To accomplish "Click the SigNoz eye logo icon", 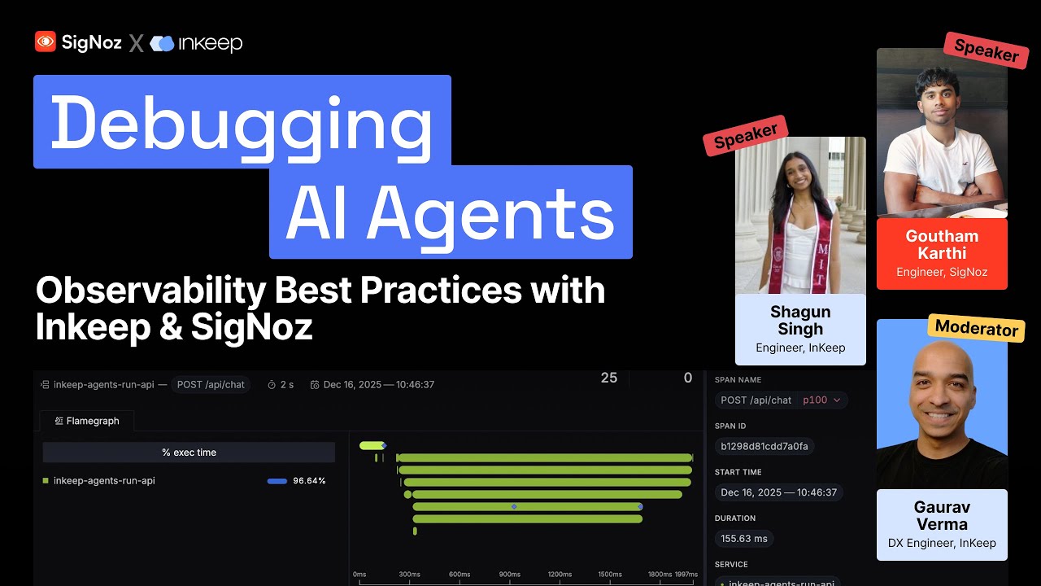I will (x=46, y=42).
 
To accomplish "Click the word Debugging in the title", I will (x=242, y=122).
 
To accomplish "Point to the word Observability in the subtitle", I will (x=190, y=291).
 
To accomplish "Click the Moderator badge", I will (x=976, y=328).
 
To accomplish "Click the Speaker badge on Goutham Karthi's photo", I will (x=986, y=50).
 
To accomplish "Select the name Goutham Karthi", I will (x=942, y=244).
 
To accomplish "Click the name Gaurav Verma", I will (x=942, y=515).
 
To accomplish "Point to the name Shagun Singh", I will (x=800, y=321).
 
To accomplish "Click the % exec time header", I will (x=189, y=453).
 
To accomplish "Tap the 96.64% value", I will (x=309, y=481).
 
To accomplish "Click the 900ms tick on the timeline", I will (x=510, y=575).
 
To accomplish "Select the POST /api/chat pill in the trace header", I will (x=211, y=384).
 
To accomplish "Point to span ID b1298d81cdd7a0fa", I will (x=764, y=446).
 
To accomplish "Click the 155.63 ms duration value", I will (x=743, y=538).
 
